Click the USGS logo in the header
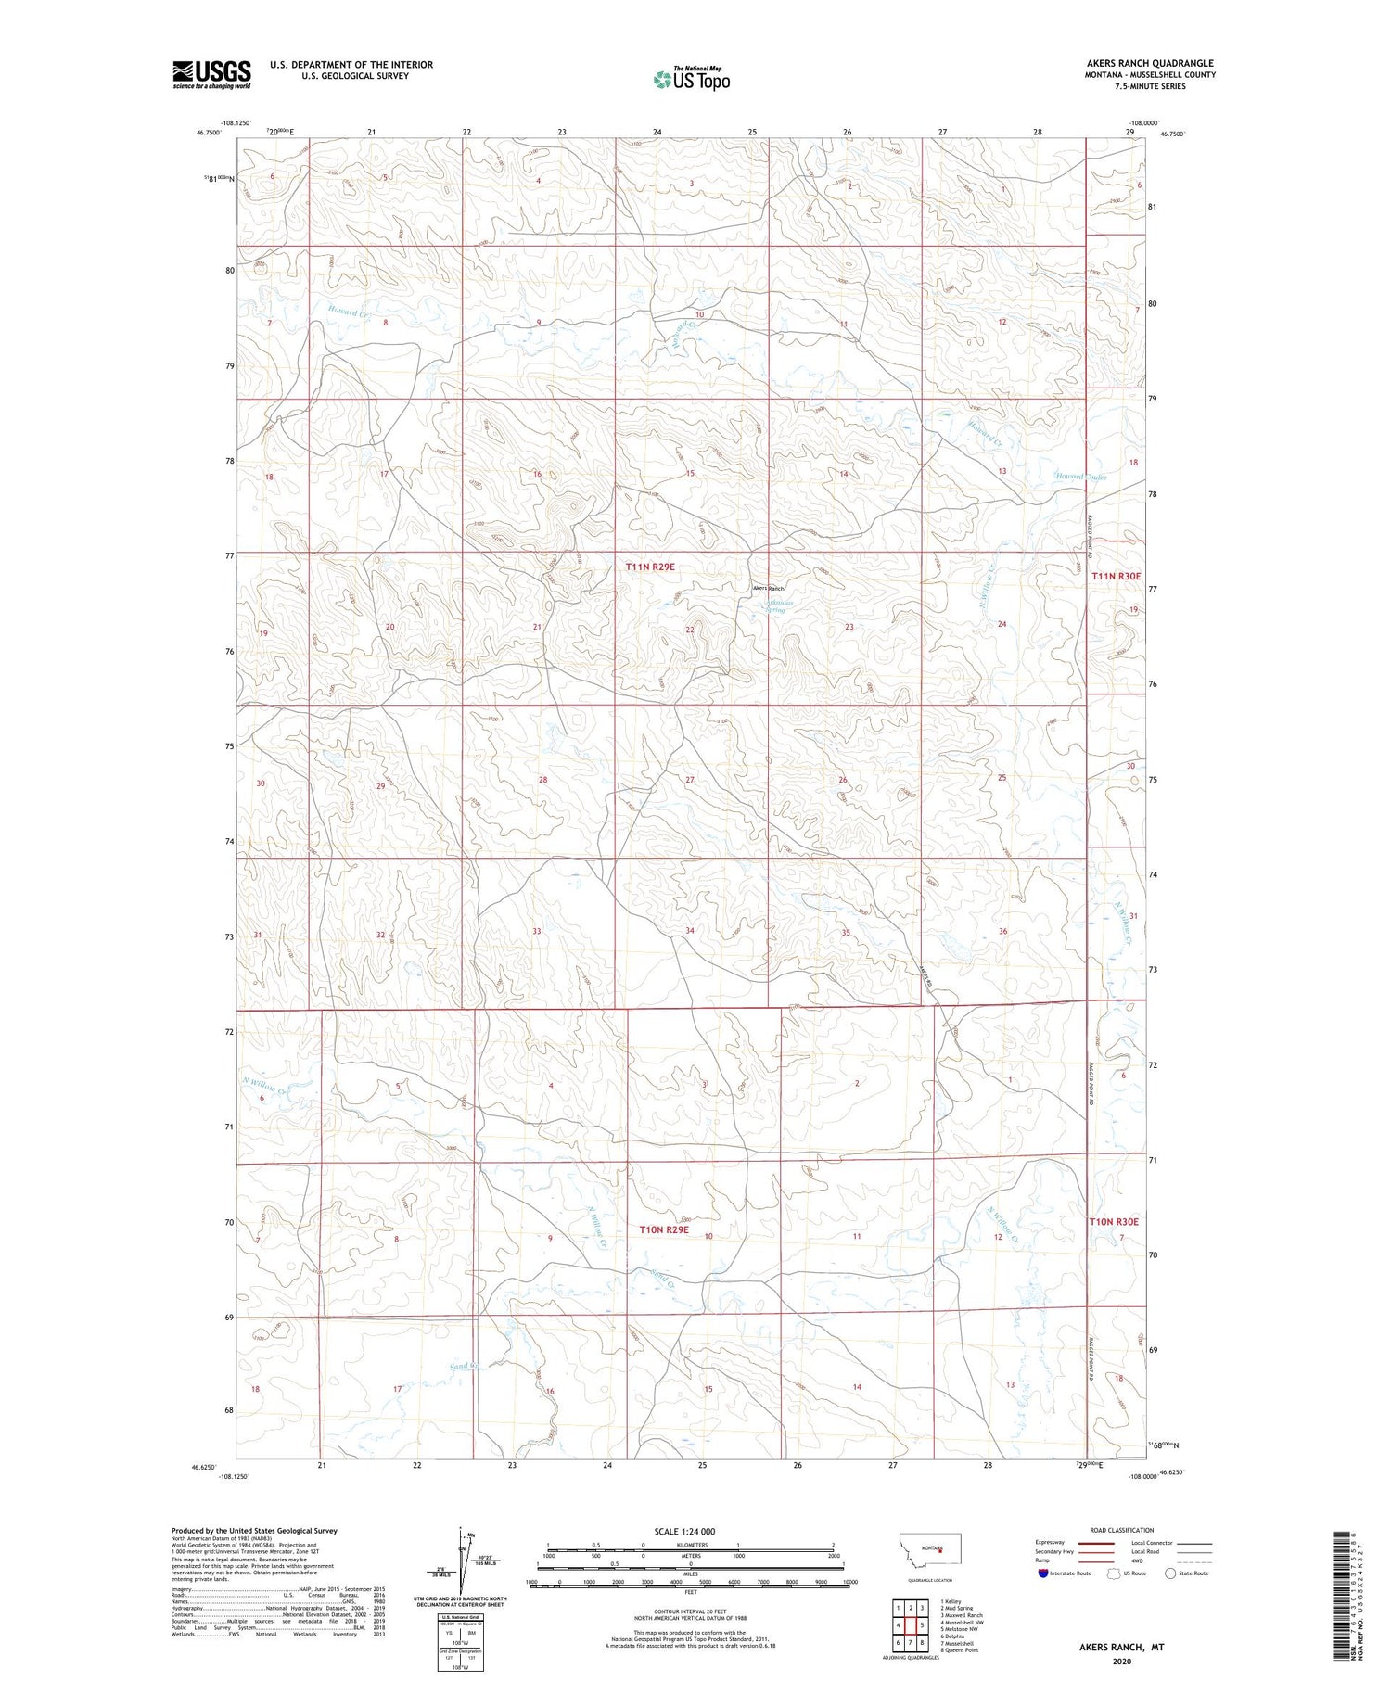tap(211, 74)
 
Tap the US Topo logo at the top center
tap(691, 79)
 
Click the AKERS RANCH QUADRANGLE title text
tap(1137, 63)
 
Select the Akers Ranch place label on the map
tap(768, 589)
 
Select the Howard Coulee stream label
tap(1080, 478)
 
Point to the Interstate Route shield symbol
tap(1042, 1573)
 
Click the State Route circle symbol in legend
tap(1170, 1573)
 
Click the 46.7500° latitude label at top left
tap(209, 133)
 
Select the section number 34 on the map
tap(690, 930)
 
